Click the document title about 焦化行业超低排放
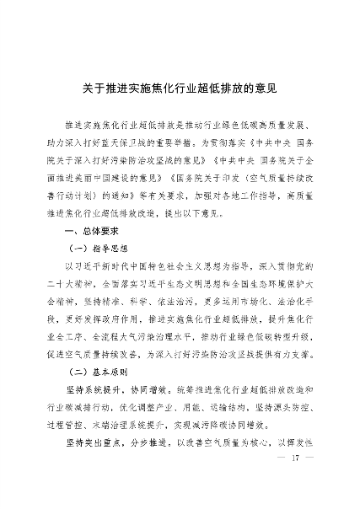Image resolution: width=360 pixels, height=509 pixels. pos(180,86)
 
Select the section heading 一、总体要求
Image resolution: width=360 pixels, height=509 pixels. pos(87,230)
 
